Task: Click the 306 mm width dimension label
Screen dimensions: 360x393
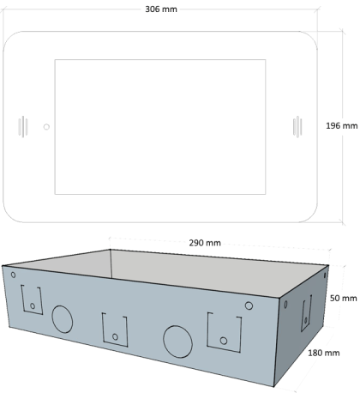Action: [161, 9]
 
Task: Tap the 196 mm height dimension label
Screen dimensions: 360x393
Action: [342, 125]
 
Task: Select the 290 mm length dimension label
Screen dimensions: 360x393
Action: [205, 243]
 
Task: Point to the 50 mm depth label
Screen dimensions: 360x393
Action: [343, 298]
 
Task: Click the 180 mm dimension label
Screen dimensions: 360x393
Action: [324, 353]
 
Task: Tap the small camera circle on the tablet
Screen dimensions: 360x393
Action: [46, 127]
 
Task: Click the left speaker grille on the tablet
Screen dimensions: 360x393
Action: [23, 126]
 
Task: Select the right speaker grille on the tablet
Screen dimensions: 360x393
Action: [297, 127]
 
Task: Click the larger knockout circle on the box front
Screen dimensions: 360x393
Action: [177, 342]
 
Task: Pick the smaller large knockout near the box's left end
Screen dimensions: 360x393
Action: [63, 319]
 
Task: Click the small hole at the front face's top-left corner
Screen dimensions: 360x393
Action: [13, 275]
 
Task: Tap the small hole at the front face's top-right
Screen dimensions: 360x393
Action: [249, 305]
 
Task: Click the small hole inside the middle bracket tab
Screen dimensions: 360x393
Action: [115, 337]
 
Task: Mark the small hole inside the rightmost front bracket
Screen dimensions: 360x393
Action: [224, 341]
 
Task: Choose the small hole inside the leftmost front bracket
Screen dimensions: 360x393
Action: [33, 306]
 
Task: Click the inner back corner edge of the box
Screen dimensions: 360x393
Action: [111, 263]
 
